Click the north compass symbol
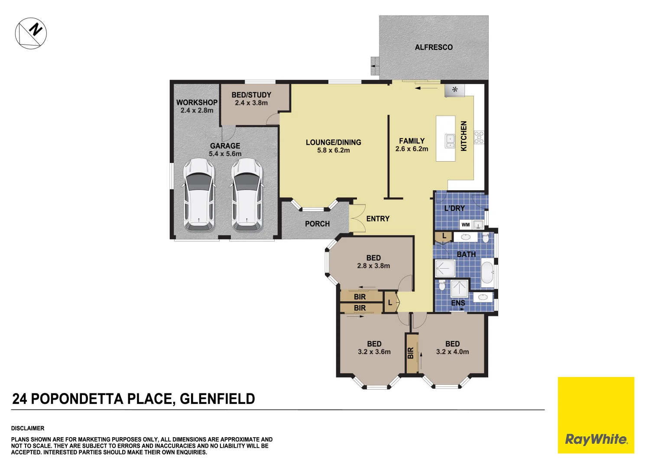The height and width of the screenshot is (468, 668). tap(31, 33)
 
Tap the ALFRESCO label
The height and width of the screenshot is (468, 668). tap(434, 47)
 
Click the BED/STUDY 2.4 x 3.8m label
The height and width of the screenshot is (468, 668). tap(251, 99)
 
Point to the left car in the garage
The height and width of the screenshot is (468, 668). tap(199, 195)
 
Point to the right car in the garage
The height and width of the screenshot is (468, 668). tap(247, 195)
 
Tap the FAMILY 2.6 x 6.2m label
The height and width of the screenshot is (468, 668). tap(412, 145)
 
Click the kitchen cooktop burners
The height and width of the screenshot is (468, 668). tap(479, 137)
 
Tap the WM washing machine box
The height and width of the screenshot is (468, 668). tap(466, 224)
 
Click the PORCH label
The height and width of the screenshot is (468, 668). tap(317, 224)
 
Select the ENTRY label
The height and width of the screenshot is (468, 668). tap(378, 219)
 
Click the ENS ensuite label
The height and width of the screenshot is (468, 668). tap(458, 303)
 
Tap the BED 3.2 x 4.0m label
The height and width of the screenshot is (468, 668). tap(452, 348)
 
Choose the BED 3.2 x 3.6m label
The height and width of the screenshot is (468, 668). tap(374, 348)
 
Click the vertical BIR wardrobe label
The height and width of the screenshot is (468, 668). tap(411, 353)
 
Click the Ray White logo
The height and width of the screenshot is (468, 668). tap(596, 439)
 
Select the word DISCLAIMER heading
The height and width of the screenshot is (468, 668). tap(28, 428)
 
